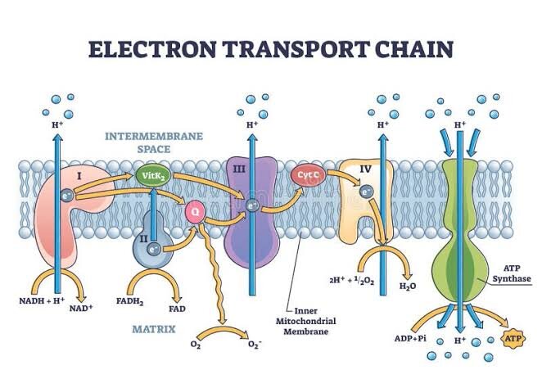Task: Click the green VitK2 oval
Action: (x=153, y=176)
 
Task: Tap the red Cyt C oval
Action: (x=309, y=175)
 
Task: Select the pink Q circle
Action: (x=196, y=212)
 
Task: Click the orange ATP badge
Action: (x=513, y=337)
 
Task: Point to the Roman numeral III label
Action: (x=239, y=169)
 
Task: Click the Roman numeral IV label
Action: (x=365, y=169)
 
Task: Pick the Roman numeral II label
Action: (x=144, y=238)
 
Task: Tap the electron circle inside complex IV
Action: (x=366, y=192)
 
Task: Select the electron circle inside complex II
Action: (x=153, y=249)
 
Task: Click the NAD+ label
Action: (x=81, y=308)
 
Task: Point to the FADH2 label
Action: (x=130, y=301)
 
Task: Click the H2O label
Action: (x=408, y=286)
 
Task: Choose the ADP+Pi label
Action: (x=410, y=338)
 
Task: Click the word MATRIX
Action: (x=154, y=329)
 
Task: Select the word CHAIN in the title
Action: (x=414, y=49)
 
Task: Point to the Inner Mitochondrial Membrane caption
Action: (x=306, y=321)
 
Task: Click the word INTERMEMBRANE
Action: (x=154, y=136)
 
